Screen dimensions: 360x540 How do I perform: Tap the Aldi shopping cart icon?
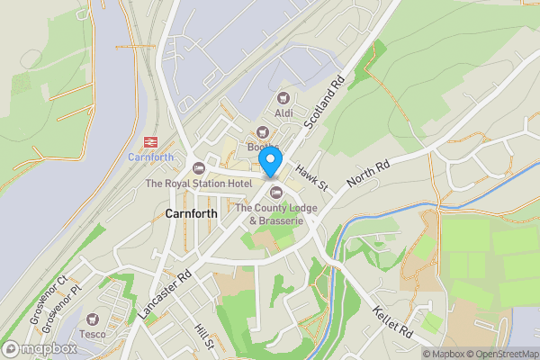click(284, 97)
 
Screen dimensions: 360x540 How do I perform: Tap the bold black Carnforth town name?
click(192, 214)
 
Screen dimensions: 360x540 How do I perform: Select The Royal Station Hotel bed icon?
click(199, 169)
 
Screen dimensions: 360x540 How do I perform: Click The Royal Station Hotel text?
click(199, 184)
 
